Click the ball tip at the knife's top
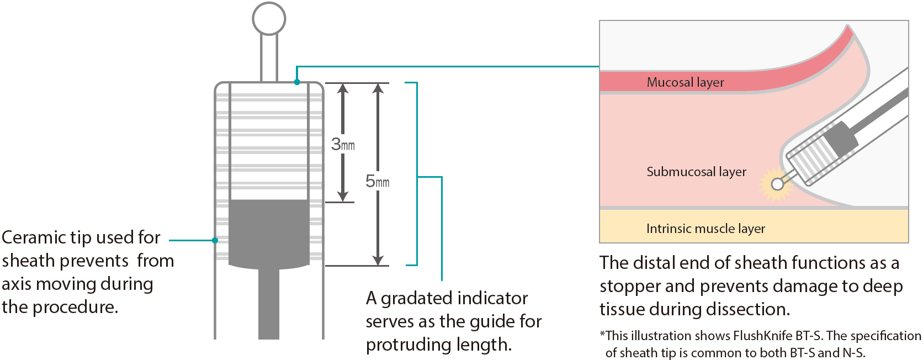(269, 19)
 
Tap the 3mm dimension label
(343, 145)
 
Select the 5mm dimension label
(378, 181)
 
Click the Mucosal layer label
(685, 82)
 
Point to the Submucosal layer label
(696, 172)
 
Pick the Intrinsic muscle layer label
(705, 229)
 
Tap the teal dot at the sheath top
(297, 82)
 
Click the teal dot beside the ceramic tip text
(215, 240)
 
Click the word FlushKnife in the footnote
(762, 336)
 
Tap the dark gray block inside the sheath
(269, 232)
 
